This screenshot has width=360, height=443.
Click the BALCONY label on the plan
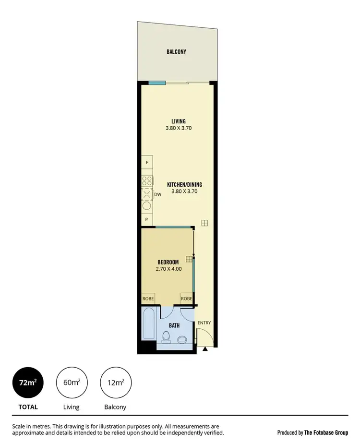coord(176,52)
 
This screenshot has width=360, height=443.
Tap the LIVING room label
coord(178,121)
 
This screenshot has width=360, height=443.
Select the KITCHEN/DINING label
coord(184,184)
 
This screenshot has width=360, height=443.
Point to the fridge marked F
coord(147,163)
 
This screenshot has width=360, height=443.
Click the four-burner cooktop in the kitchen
coord(147,181)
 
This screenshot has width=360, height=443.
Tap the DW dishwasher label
coord(157,194)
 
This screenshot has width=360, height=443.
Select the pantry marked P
coord(147,219)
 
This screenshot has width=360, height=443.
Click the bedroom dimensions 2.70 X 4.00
coord(168,269)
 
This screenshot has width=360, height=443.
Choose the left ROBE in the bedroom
coord(148,299)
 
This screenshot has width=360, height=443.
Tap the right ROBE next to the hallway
coord(186,299)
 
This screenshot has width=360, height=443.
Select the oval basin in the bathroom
coord(182,340)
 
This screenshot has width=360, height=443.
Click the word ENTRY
coord(204,323)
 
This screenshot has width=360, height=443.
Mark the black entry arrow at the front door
coord(205,349)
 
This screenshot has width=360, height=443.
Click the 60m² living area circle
coord(72,383)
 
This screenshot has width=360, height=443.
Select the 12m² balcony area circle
coord(115,383)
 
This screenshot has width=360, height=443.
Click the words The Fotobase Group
coord(326,432)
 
